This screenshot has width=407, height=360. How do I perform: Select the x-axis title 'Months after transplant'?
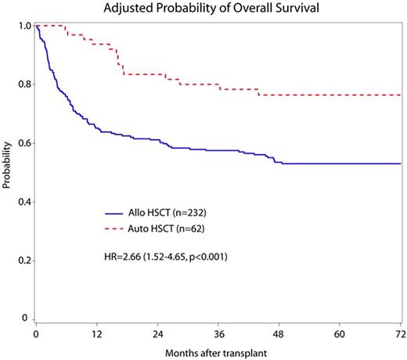(x=217, y=351)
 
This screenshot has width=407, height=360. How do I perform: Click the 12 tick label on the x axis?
(x=97, y=333)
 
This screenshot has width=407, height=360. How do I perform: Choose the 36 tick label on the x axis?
(x=218, y=333)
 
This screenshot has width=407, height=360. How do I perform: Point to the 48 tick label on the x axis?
(x=279, y=333)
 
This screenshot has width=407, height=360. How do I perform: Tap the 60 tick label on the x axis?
(x=340, y=333)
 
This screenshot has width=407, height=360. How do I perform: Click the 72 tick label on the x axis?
(x=399, y=333)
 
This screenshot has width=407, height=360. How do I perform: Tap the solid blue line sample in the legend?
(x=119, y=212)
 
